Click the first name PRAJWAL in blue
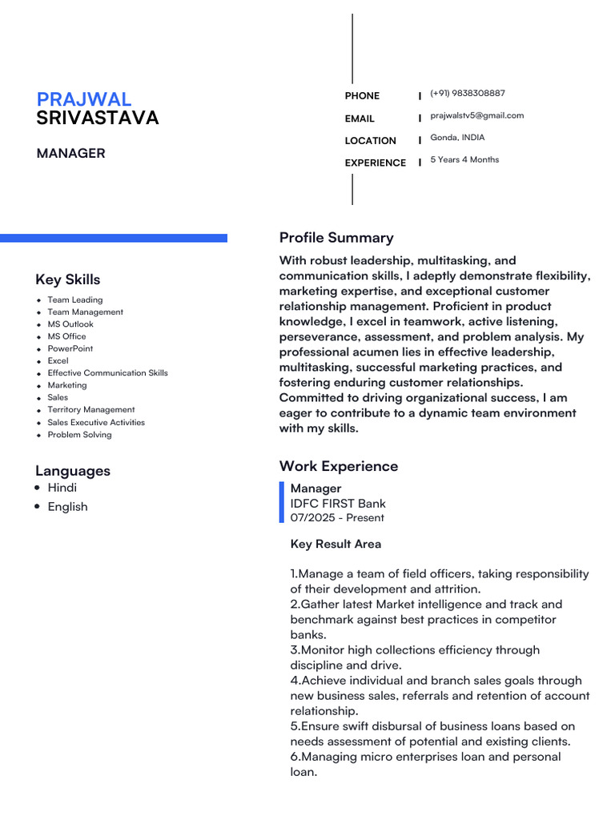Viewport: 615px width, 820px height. [84, 99]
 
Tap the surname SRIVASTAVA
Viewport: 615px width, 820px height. [98, 119]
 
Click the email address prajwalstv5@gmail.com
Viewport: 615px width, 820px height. [476, 115]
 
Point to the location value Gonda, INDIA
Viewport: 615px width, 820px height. [457, 138]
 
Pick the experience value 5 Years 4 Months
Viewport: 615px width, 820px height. [464, 159]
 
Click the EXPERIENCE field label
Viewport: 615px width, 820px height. [375, 163]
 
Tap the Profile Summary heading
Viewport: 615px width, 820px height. [336, 238]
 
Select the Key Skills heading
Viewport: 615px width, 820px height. [68, 279]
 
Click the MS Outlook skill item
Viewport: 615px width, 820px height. [70, 324]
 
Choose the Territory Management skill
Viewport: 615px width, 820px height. [91, 410]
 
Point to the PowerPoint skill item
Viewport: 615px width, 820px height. [70, 349]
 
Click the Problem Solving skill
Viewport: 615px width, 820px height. [79, 435]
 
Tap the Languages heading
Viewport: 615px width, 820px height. [73, 471]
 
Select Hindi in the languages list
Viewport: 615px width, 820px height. [62, 488]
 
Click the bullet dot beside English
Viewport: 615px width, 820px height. [38, 507]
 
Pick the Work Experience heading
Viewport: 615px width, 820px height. [338, 466]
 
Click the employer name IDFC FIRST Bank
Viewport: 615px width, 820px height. [338, 504]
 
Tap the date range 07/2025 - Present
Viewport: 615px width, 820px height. [337, 518]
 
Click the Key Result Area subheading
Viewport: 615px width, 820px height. [336, 545]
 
